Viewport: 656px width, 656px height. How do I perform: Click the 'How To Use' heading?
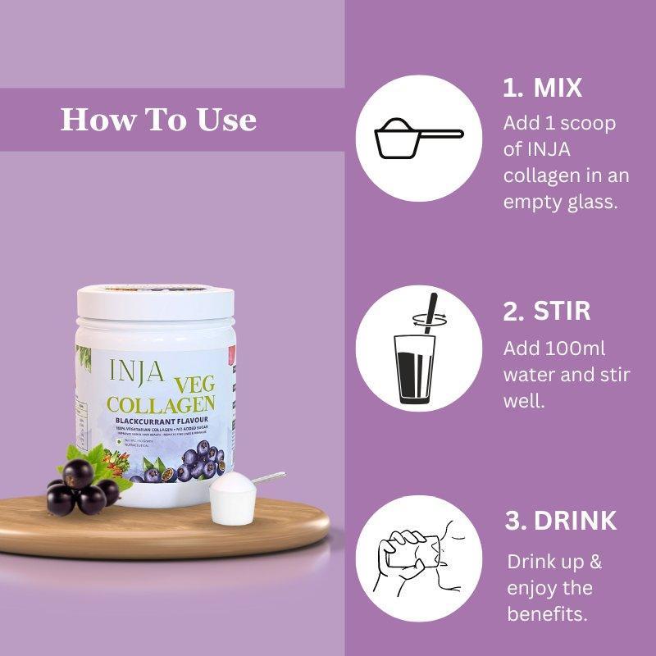click(x=158, y=120)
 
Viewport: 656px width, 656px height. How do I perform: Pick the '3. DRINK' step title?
click(x=561, y=521)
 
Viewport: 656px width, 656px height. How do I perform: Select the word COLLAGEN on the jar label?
click(x=162, y=405)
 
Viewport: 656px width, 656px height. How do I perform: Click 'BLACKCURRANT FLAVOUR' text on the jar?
click(x=163, y=421)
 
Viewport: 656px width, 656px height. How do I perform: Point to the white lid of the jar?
click(x=157, y=300)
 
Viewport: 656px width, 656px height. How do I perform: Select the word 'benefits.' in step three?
click(x=547, y=614)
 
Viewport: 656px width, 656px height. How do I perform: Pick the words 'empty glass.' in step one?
click(x=559, y=201)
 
